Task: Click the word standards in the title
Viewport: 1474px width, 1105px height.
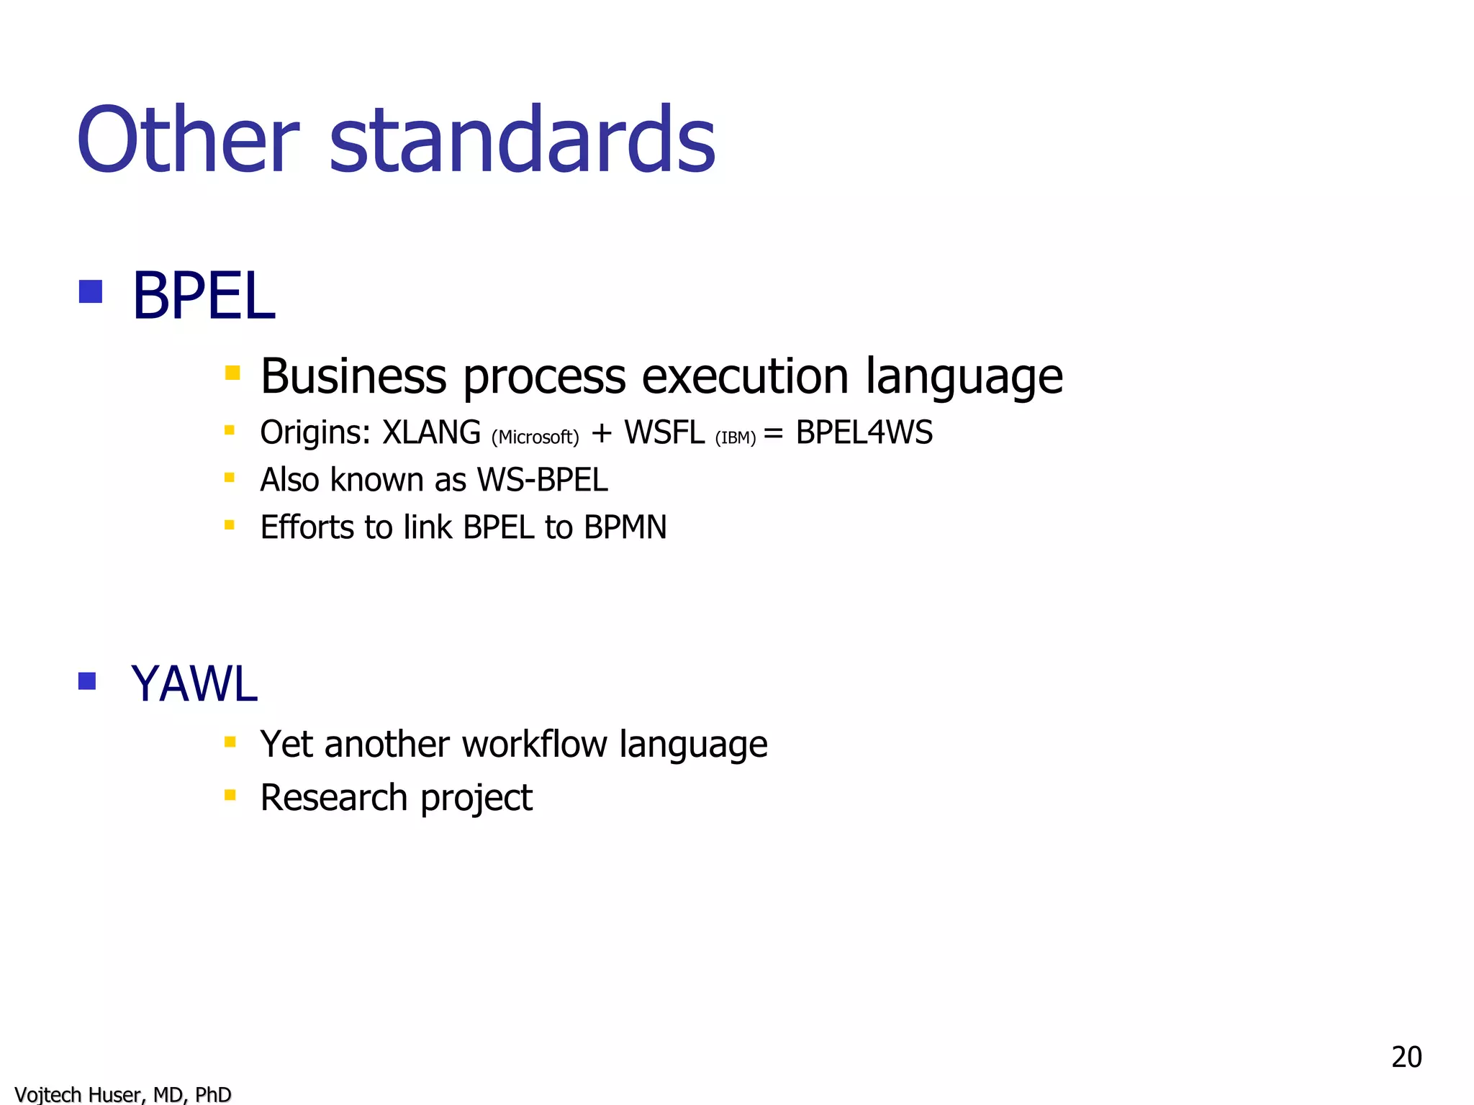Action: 522,140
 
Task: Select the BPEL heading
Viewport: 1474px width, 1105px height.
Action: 204,296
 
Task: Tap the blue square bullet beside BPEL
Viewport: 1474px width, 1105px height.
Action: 90,291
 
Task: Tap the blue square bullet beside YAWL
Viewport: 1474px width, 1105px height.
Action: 87,681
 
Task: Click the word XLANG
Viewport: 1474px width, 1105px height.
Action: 431,433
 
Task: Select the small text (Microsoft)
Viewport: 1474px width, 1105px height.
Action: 535,437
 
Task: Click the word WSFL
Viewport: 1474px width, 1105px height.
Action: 664,433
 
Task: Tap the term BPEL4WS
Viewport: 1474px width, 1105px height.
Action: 864,433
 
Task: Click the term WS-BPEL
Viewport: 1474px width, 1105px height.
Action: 542,480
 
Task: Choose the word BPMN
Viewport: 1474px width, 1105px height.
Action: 625,527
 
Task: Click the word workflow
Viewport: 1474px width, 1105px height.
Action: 534,744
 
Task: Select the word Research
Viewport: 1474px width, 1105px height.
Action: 334,798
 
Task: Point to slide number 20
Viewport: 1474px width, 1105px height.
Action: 1406,1057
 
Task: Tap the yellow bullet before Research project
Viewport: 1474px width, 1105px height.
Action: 230,795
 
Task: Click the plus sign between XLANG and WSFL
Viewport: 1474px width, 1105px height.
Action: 601,433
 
